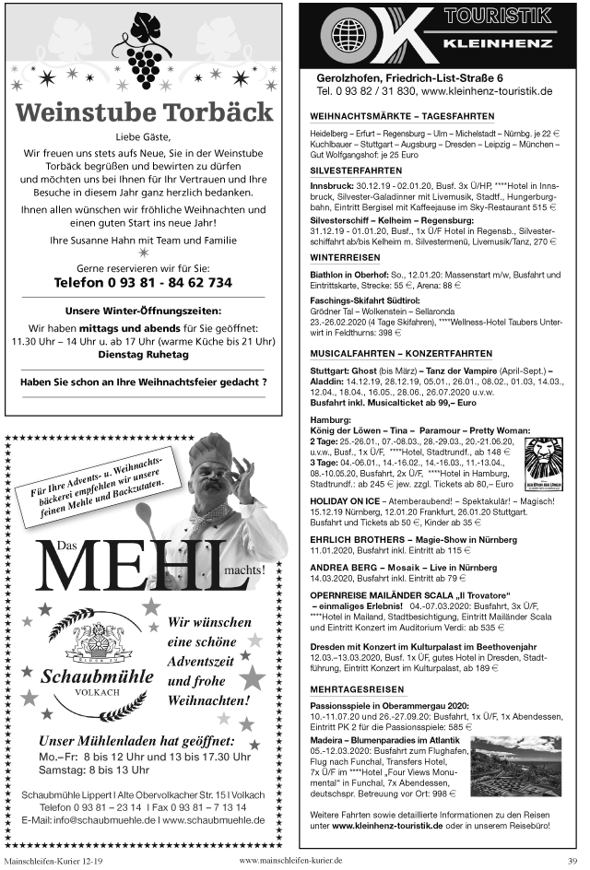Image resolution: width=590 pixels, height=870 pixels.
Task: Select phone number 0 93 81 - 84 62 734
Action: click(143, 282)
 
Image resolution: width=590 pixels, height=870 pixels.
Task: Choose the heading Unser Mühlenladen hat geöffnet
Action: click(133, 740)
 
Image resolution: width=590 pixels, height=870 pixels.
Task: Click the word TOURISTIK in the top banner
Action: click(497, 16)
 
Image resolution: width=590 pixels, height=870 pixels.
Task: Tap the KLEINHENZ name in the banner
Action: click(497, 44)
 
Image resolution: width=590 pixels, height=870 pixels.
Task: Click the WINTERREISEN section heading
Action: click(344, 256)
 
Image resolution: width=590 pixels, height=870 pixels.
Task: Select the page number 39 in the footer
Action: click(572, 861)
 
